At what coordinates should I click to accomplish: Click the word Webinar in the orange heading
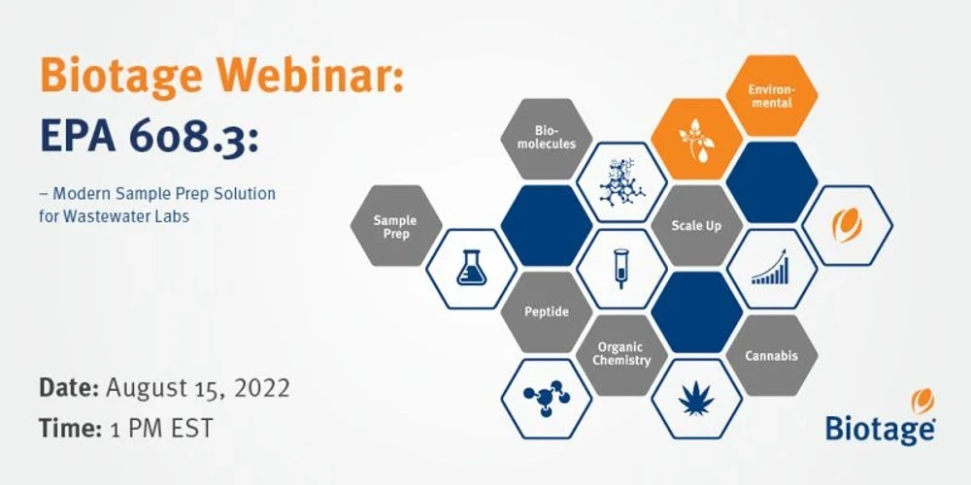[306, 75]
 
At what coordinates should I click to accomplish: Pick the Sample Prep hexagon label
[395, 227]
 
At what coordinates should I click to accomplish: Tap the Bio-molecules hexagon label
[546, 138]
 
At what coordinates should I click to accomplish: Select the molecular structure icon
[621, 182]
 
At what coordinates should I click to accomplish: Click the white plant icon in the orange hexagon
[696, 139]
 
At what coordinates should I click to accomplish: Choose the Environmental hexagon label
[771, 96]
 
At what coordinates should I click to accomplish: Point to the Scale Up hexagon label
[696, 226]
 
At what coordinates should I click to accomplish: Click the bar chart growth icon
[771, 268]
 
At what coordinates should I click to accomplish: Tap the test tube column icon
[621, 269]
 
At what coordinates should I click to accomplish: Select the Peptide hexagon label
[546, 311]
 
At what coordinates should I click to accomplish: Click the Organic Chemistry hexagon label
[621, 354]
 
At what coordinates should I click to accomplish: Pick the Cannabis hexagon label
[771, 356]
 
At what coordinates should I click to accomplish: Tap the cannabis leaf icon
[696, 399]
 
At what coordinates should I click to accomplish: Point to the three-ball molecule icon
[546, 398]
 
